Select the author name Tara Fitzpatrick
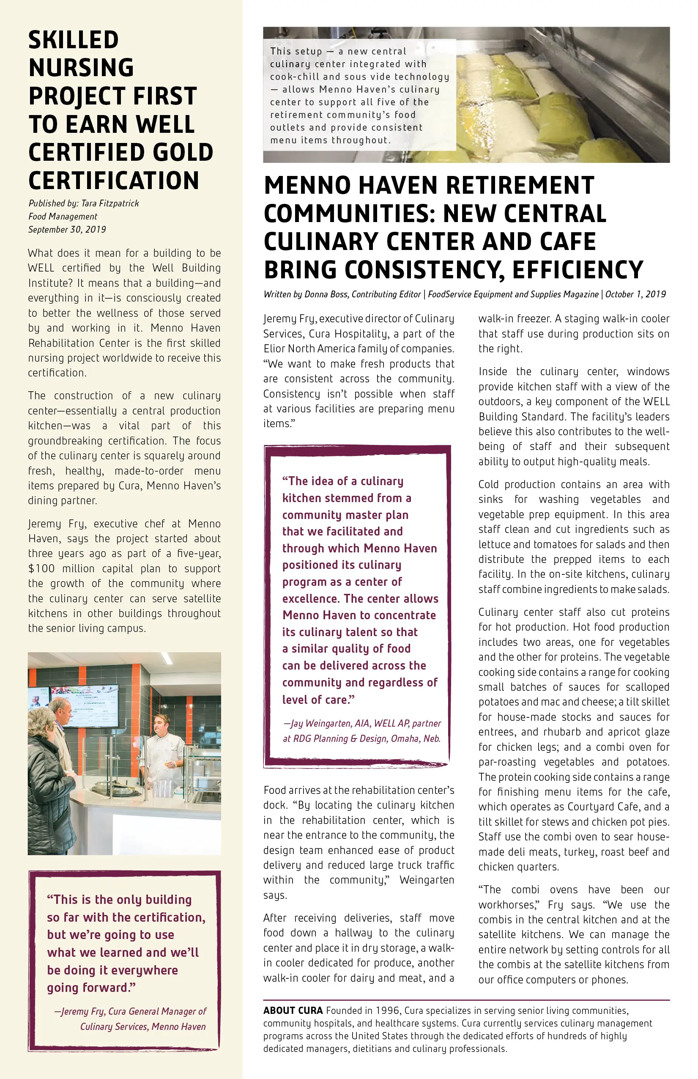click(x=110, y=203)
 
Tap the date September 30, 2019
click(x=67, y=229)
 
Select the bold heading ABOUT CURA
click(x=293, y=1010)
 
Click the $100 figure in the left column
click(x=42, y=568)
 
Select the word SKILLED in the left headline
click(x=74, y=40)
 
